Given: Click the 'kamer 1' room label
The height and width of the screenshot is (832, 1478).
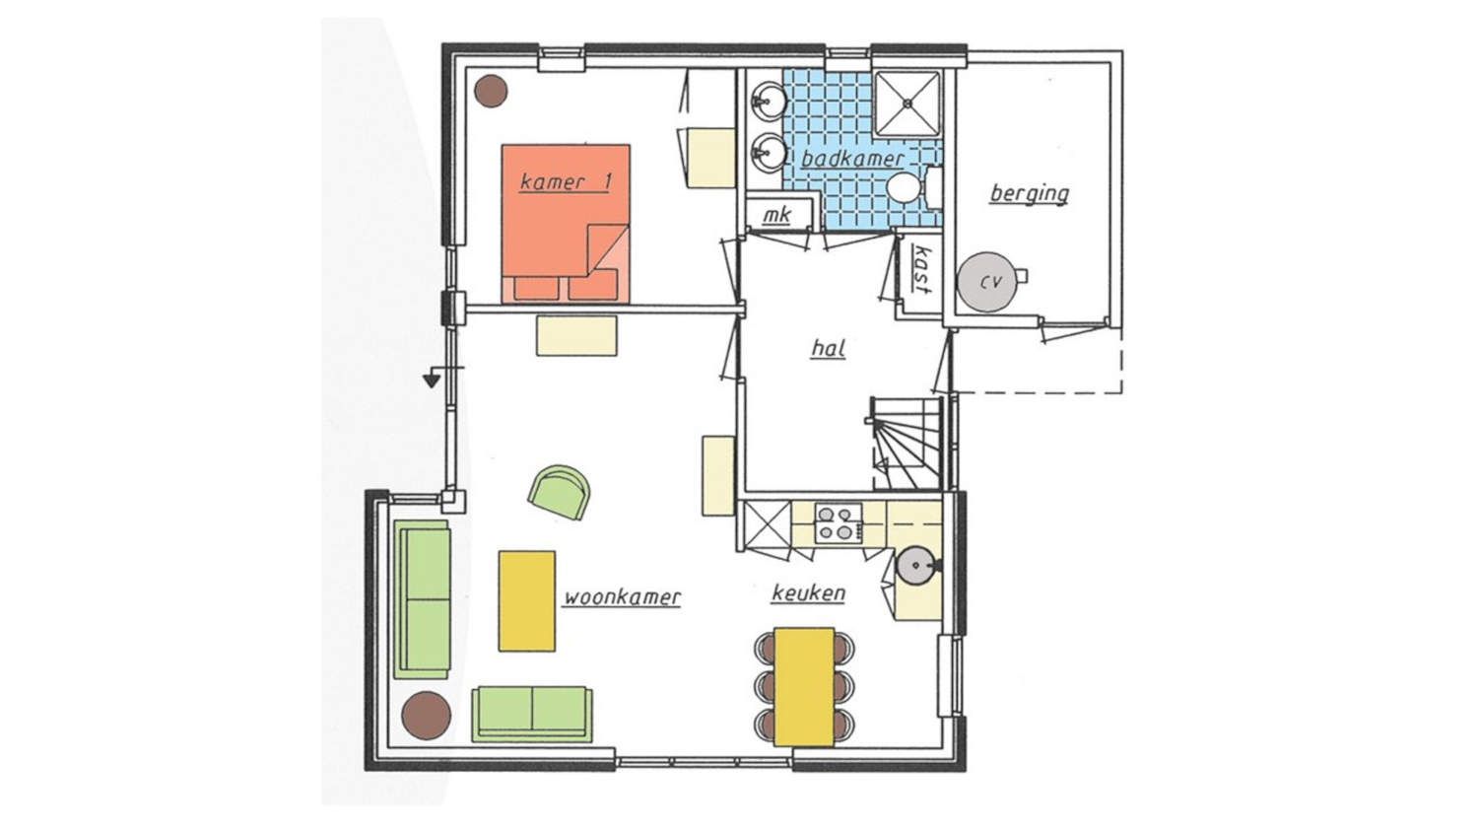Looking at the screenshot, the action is click(566, 181).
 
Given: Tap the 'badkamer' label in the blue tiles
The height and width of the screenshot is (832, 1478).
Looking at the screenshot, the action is click(852, 159).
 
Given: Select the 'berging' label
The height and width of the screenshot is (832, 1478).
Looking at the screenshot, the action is click(1030, 193).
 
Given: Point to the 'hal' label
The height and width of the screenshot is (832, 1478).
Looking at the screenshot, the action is click(828, 348).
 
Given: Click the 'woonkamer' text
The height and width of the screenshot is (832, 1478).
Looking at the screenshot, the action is click(622, 597).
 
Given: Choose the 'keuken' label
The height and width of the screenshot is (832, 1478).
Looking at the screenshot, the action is click(808, 593).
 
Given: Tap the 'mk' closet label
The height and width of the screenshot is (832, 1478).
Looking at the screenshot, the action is click(776, 215).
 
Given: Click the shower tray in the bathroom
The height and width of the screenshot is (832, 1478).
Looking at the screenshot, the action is click(907, 104).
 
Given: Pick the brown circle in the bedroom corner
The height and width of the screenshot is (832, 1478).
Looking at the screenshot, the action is click(492, 91).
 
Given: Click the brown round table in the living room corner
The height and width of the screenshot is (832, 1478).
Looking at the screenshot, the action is click(427, 716).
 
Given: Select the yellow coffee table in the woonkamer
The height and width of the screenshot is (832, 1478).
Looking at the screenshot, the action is click(526, 601).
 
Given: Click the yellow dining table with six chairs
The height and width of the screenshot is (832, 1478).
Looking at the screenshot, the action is click(804, 687).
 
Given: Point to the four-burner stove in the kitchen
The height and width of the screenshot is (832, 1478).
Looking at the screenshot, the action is click(838, 523).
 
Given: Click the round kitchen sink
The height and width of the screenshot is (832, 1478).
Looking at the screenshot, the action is click(915, 566).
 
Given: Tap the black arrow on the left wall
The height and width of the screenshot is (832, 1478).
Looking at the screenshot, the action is click(433, 379).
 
